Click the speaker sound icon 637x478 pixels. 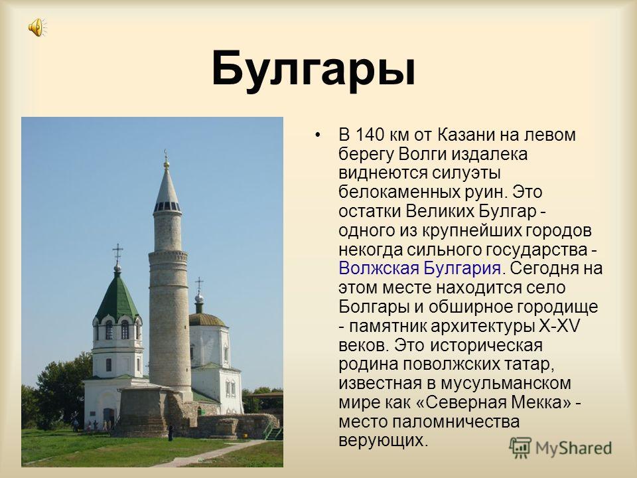click(37, 28)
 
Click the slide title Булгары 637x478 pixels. click(314, 68)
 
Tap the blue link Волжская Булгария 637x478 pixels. click(419, 268)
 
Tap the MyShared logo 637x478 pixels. click(560, 448)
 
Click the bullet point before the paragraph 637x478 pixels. click(318, 135)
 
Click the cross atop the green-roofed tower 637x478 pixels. click(117, 253)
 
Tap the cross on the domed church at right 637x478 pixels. click(199, 285)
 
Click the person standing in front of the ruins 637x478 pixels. click(171, 433)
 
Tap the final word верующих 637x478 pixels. click(384, 441)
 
